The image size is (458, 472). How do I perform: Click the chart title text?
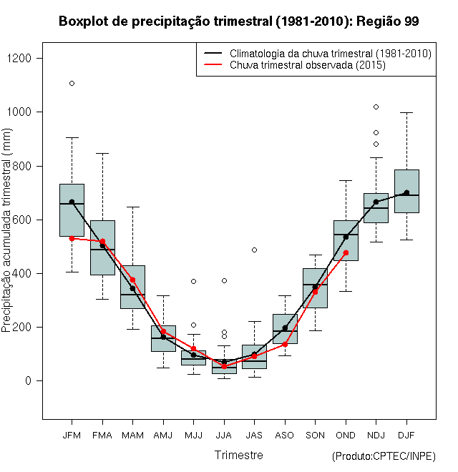238,21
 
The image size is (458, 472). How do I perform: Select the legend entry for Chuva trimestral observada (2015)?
308,65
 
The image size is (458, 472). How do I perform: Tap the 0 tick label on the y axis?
28,381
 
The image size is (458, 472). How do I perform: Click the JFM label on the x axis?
72,435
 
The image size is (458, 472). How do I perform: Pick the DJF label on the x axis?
406,435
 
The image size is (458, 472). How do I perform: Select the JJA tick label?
224,435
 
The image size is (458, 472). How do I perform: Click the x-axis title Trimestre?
238,455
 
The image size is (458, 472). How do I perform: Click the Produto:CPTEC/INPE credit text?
384,456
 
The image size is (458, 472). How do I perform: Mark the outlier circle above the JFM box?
72,83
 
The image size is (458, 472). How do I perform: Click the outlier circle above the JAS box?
254,250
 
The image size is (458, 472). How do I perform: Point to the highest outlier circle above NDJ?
376,107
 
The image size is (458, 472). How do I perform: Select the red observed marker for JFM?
72,238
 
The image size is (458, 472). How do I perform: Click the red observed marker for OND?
346,252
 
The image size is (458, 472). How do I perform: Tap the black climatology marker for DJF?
406,192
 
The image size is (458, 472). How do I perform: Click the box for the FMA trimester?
102,247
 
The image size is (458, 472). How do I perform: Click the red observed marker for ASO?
285,344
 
